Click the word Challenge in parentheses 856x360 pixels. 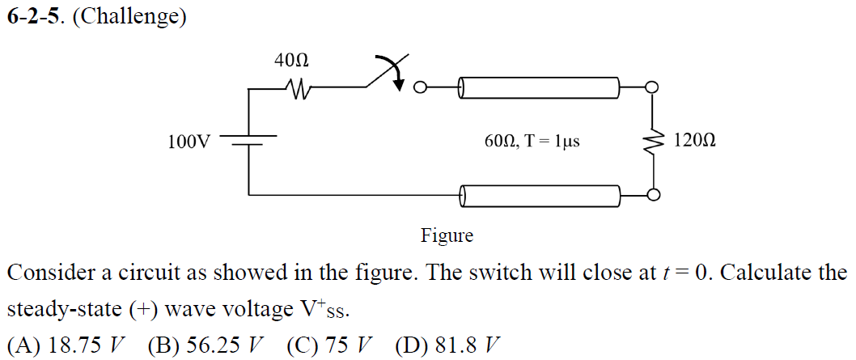point(129,17)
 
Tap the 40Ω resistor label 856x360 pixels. point(291,60)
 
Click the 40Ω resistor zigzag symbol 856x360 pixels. point(294,87)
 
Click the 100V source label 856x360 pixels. point(189,142)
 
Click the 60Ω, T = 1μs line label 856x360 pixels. point(532,142)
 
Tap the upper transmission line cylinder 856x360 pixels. point(540,87)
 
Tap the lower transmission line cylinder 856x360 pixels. point(540,195)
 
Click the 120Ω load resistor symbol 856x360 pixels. point(652,142)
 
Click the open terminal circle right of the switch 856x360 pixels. point(419,87)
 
